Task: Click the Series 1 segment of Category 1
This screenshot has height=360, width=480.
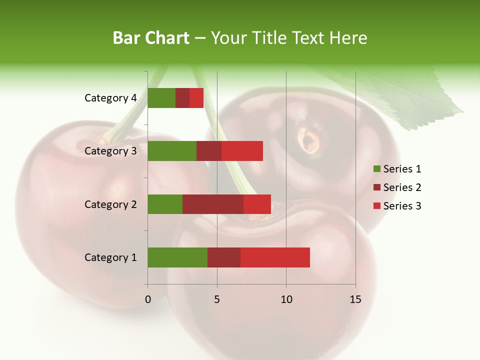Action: [x=177, y=257]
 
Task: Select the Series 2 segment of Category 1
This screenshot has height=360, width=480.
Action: [x=224, y=257]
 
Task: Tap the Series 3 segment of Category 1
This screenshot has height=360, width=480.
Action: [x=275, y=257]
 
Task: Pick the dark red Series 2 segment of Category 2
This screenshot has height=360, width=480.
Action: [x=213, y=204]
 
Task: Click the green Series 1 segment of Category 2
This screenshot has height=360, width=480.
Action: [x=165, y=204]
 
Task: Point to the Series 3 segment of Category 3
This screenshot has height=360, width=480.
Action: [x=242, y=151]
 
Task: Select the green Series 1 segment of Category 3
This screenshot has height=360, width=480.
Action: [x=172, y=151]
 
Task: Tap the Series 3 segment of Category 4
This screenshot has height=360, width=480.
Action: [x=196, y=98]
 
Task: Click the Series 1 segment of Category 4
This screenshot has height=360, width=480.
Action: [x=161, y=98]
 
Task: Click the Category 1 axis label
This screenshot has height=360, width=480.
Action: [x=110, y=257]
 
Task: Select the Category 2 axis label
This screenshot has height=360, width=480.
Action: [x=110, y=204]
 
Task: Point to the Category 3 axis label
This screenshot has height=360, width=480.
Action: [x=110, y=151]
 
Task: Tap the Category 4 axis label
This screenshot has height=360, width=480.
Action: [x=110, y=98]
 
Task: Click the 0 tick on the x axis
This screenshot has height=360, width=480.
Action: [x=148, y=299]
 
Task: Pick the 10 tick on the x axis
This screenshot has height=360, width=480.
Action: [x=286, y=299]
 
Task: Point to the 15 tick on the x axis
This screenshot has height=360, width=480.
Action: [x=355, y=299]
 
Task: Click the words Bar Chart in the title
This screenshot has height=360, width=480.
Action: [x=151, y=38]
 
